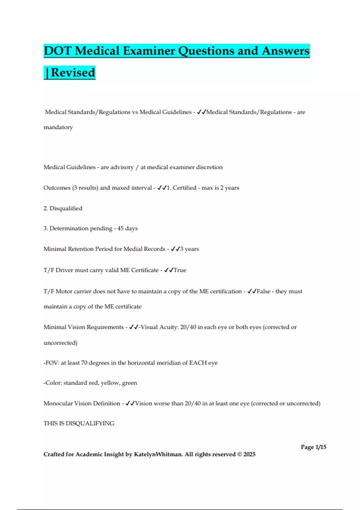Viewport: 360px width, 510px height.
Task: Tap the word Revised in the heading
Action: [x=73, y=73]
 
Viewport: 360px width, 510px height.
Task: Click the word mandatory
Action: [x=58, y=127]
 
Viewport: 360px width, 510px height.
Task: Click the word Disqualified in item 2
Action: [x=66, y=208]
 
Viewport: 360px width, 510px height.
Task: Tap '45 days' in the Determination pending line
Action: [x=127, y=228]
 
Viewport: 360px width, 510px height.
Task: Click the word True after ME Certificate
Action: [x=180, y=270]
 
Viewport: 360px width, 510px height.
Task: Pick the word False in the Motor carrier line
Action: [x=263, y=291]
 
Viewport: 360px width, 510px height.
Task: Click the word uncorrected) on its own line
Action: [x=60, y=343]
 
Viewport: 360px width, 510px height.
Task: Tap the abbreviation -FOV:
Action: [x=51, y=363]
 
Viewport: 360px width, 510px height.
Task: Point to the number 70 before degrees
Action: [x=84, y=363]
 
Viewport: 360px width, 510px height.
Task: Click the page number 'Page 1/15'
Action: [x=313, y=447]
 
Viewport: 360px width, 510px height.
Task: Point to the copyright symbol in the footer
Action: [x=239, y=454]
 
